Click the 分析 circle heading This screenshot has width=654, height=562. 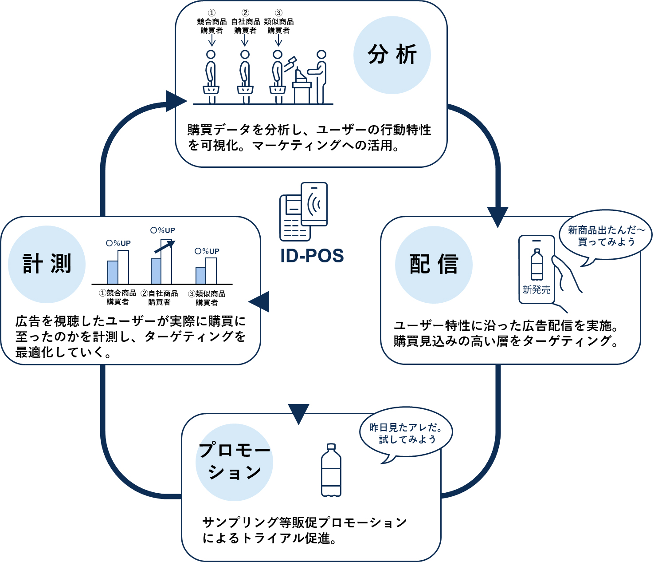click(392, 55)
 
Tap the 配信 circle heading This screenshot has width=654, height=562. click(434, 265)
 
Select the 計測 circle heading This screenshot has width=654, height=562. click(47, 264)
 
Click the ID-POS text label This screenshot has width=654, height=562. click(312, 256)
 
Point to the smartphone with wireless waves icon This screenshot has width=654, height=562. click(314, 204)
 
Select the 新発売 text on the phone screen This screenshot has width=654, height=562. click(537, 289)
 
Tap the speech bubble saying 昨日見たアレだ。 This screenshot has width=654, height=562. click(406, 434)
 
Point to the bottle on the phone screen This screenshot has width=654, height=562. click(537, 265)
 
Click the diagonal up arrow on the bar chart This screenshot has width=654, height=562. click(164, 247)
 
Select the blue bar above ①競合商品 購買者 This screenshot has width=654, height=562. click(113, 273)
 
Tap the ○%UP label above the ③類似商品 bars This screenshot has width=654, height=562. click(207, 251)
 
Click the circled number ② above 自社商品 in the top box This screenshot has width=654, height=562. click(245, 13)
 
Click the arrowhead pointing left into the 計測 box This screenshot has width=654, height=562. click(259, 301)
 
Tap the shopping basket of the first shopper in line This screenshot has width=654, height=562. click(211, 90)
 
